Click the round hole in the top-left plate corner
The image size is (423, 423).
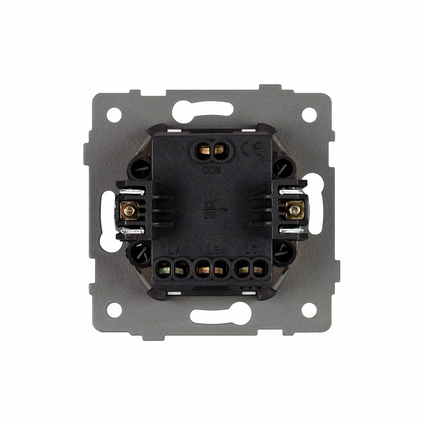click(114, 115)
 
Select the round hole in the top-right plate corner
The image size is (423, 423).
click(308, 115)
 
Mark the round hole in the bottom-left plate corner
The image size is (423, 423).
click(114, 310)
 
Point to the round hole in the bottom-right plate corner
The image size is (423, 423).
click(308, 310)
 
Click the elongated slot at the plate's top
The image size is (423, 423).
click(211, 109)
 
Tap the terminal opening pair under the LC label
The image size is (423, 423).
click(251, 270)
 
